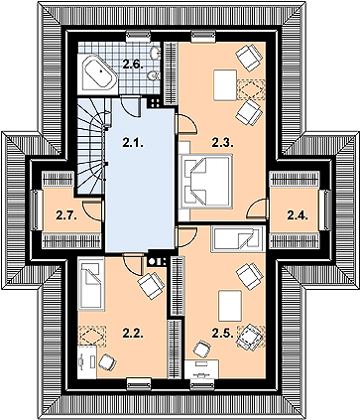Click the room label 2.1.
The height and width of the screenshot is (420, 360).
pos(133,143)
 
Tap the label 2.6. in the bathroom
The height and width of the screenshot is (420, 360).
pos(133,64)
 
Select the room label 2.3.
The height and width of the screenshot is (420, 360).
pos(223,143)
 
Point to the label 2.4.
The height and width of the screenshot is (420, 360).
pos(298,215)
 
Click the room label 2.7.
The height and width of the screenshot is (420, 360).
pos(66,215)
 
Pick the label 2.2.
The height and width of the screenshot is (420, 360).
pos(133,334)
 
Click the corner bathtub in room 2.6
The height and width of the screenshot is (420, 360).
pos(98,73)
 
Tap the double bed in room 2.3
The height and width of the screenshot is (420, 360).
pos(206,181)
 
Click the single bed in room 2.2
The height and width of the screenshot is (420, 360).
pos(91,285)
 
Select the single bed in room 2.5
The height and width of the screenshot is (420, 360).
pos(238,239)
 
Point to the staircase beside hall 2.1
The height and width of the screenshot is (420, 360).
pos(91,146)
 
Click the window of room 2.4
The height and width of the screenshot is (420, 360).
pos(326,210)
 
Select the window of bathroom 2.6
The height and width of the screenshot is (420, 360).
pos(139,36)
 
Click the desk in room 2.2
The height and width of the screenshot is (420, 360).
pos(87,361)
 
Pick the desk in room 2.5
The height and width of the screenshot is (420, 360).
pos(201,370)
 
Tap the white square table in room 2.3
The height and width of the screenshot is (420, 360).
pos(225,84)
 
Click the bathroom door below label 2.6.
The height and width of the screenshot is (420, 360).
pos(131,105)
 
